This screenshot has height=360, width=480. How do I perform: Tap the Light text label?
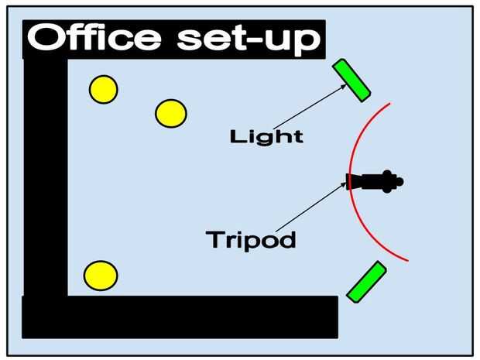point(266,138)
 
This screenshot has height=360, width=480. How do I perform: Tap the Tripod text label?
point(251,239)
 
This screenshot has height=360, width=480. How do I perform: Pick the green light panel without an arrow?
point(365,282)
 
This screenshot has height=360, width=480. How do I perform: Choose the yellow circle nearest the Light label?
point(170,114)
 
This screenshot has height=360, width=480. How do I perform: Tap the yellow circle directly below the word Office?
point(103,89)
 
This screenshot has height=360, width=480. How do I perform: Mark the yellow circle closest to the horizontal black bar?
point(101,275)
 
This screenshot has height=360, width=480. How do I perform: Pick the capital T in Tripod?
point(214,239)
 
